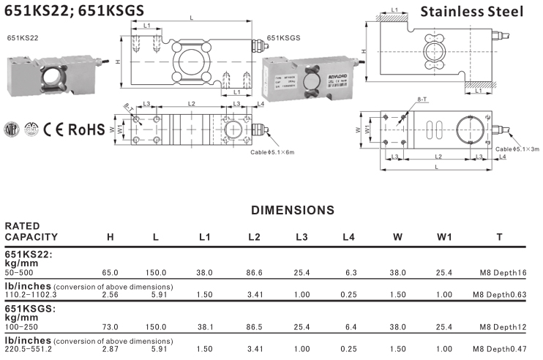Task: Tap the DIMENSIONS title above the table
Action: [293, 211]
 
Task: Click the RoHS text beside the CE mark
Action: [86, 130]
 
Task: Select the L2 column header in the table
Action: [255, 237]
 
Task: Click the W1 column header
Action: [444, 237]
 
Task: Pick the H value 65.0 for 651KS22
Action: [111, 271]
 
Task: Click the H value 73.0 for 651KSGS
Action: [111, 326]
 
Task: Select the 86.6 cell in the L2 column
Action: [255, 271]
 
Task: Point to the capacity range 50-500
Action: [18, 271]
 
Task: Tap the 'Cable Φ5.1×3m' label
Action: [517, 149]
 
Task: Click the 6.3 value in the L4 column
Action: [349, 271]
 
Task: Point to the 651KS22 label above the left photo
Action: [23, 37]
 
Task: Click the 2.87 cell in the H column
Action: [111, 350]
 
